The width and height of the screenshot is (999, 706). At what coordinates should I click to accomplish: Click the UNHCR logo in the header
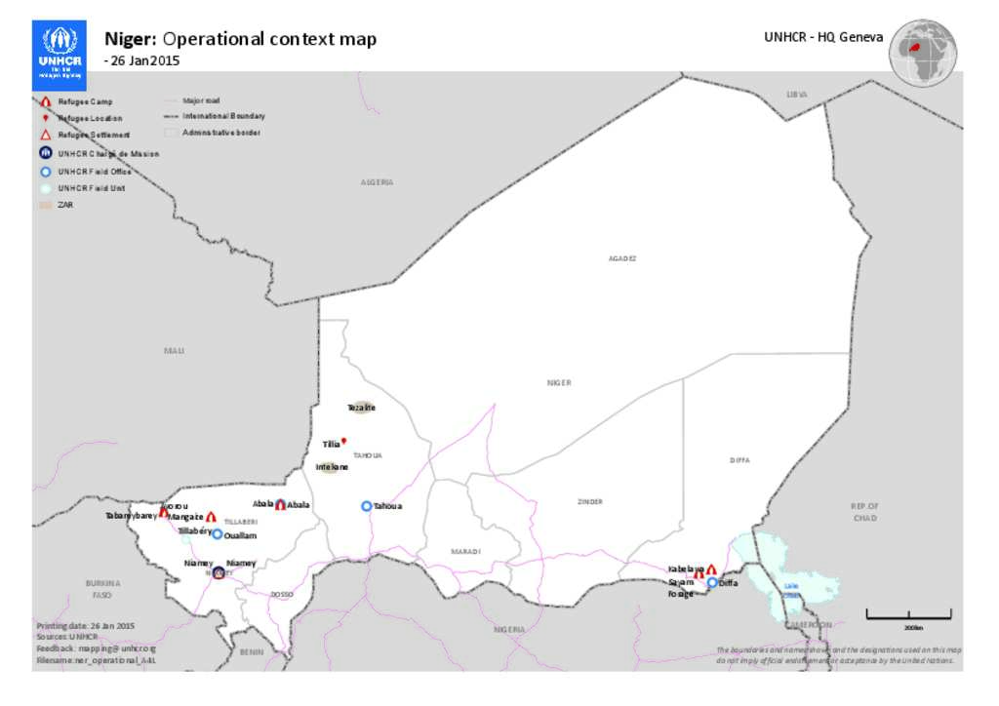point(60,51)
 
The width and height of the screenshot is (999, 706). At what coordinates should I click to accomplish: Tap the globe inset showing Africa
point(922,51)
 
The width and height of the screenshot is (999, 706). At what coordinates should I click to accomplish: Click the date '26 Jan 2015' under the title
point(143,60)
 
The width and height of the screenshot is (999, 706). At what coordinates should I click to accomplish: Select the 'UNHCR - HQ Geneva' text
point(824,37)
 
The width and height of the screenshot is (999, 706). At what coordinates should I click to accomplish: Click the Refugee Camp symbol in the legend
point(46,101)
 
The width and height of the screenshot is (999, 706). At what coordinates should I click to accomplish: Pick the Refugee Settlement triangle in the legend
point(46,135)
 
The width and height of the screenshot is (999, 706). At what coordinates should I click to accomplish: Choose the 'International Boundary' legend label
point(223,116)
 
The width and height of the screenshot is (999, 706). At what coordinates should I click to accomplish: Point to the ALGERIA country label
point(377,182)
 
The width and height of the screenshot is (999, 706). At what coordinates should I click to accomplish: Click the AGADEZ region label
point(622,258)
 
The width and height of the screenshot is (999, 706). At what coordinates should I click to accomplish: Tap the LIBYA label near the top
point(797,95)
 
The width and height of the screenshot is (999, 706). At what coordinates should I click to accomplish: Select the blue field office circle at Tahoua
point(367,506)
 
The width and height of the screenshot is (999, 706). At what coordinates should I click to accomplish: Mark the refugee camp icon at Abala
point(281,504)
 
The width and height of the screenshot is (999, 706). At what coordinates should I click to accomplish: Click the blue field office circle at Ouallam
point(218,534)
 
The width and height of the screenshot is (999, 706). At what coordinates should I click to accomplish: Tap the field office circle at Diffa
point(712,582)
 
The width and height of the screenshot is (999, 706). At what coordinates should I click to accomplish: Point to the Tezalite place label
point(361,408)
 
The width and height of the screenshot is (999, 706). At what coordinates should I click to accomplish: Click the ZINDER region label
point(590,502)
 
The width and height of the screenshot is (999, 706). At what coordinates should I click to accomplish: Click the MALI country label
point(174,350)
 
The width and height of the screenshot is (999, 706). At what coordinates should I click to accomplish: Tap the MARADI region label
point(465,552)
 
